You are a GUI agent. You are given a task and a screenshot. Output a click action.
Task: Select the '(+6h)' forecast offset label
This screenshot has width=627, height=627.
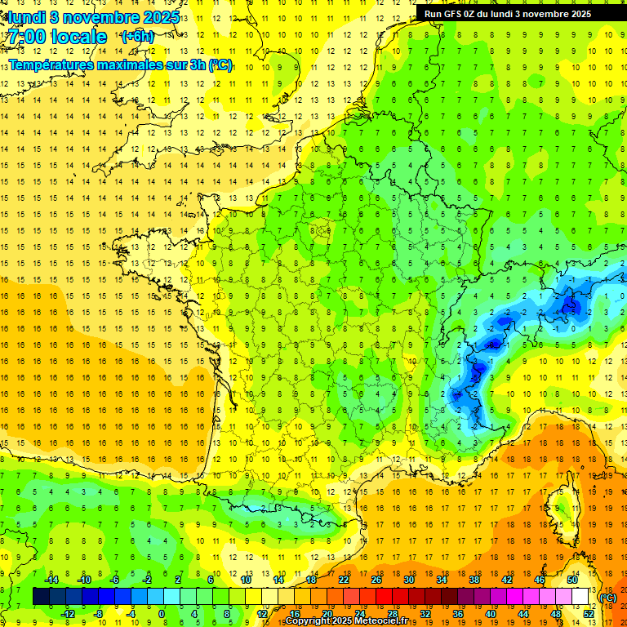136,37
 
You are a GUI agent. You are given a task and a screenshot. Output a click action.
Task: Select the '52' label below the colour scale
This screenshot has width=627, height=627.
589,614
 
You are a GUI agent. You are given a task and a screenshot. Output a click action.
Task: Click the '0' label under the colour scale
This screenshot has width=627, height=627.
162,614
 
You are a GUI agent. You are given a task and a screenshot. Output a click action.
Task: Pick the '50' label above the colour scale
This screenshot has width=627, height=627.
572,579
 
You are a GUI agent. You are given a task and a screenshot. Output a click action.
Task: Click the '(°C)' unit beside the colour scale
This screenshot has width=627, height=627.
608,597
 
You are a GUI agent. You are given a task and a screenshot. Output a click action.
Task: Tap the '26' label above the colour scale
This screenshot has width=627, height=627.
376,579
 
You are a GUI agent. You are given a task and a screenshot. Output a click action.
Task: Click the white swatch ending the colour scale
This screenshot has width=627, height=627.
580,597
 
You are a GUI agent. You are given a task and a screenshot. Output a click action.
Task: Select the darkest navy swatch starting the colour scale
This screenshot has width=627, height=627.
41,597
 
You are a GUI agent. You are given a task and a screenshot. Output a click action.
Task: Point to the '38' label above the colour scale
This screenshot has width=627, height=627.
474,579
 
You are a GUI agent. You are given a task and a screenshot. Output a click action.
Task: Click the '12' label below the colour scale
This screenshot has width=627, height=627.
262,614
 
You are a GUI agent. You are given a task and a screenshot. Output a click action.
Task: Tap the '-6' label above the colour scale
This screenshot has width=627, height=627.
116,579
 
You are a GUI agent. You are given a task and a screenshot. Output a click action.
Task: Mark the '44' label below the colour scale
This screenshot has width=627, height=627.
523,614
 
